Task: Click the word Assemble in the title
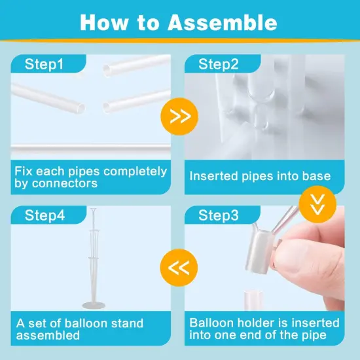[223, 22]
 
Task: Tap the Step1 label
[44, 64]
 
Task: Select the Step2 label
[219, 64]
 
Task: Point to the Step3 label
[219, 215]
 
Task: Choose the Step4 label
[44, 215]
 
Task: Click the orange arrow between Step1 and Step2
[179, 117]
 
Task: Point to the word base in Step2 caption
[315, 176]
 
